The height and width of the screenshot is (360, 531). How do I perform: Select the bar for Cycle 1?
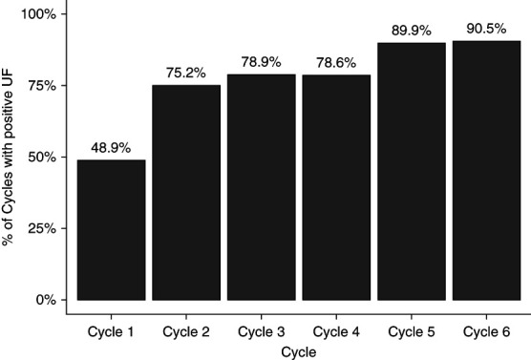pyautogui.click(x=112, y=230)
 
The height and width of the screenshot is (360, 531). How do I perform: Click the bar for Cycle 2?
pyautogui.click(x=186, y=192)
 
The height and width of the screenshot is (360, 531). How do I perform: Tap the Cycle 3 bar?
pyautogui.click(x=262, y=187)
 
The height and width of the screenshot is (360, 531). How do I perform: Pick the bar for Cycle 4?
pyautogui.click(x=336, y=187)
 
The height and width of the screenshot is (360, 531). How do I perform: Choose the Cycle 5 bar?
pyautogui.click(x=412, y=171)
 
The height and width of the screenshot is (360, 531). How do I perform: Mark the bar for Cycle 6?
pyautogui.click(x=487, y=170)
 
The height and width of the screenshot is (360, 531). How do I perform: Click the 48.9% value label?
pyautogui.click(x=111, y=148)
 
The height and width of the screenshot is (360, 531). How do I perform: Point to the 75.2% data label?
pyautogui.click(x=186, y=73)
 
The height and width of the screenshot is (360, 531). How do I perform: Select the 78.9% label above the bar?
pyautogui.click(x=261, y=62)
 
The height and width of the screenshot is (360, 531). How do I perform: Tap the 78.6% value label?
pyautogui.click(x=336, y=63)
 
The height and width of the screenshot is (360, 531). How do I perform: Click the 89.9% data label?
pyautogui.click(x=412, y=31)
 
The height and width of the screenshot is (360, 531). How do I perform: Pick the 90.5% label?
pyautogui.click(x=486, y=29)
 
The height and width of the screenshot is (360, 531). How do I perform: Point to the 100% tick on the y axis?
pyautogui.click(x=38, y=14)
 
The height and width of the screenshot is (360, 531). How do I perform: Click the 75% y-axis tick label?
pyautogui.click(x=42, y=86)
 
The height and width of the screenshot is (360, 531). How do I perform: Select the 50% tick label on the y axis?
pyautogui.click(x=42, y=158)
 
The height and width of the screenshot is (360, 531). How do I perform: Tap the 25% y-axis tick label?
pyautogui.click(x=42, y=228)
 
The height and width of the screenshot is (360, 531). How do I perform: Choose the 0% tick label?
pyautogui.click(x=46, y=300)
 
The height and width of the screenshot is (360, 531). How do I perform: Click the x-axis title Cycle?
pyautogui.click(x=299, y=352)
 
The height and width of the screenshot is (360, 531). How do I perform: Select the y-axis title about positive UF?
pyautogui.click(x=8, y=157)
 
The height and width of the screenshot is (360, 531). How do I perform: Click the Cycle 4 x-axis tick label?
pyautogui.click(x=336, y=332)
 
